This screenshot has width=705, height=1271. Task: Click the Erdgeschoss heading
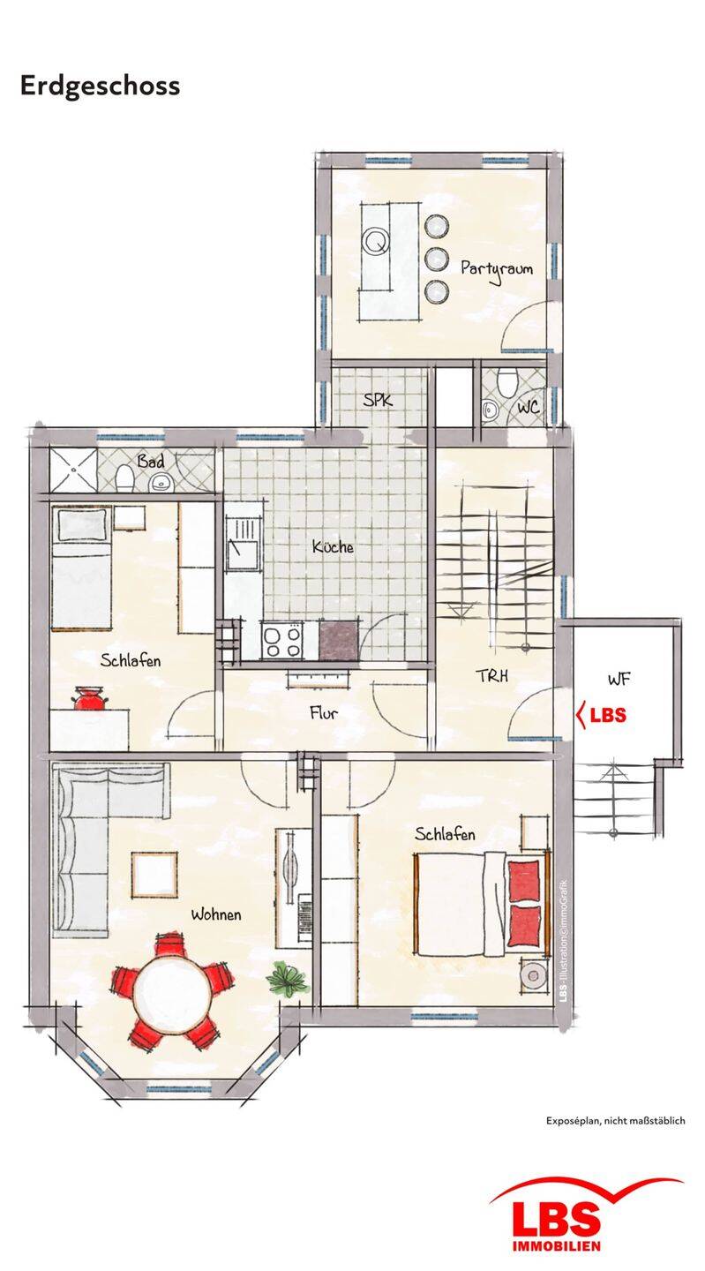point(100,86)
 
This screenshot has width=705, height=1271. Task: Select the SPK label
point(378,400)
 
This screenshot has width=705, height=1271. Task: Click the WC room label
point(528,407)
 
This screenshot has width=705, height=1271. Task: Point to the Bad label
point(150,462)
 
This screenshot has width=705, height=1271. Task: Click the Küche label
point(333,546)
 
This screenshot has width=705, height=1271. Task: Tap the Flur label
point(324,712)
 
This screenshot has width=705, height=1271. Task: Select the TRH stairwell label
point(491,675)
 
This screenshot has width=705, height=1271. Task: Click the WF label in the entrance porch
point(619,679)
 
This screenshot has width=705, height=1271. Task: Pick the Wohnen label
point(216,914)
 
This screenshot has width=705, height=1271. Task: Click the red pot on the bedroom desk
point(88,698)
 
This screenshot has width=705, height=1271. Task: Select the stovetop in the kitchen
point(281,641)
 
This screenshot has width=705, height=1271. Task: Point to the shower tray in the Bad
point(73,470)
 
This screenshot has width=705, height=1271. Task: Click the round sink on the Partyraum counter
point(376,242)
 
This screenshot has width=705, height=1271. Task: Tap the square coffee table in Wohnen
point(154,875)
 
